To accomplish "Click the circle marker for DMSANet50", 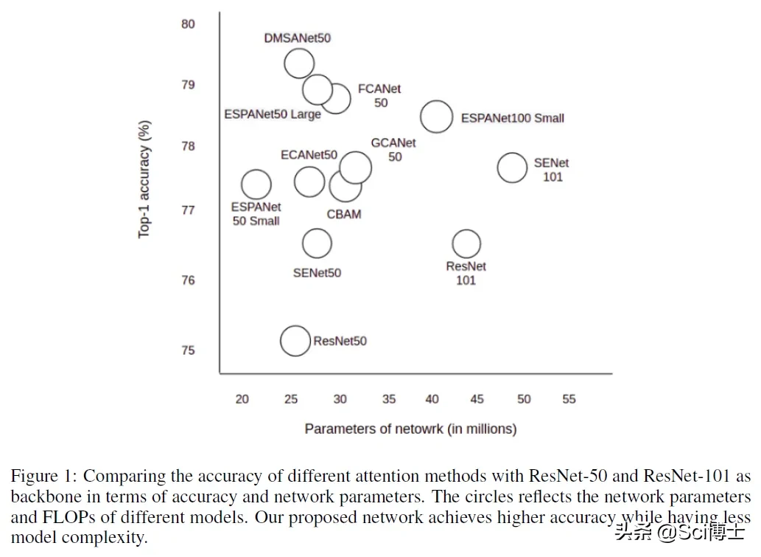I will pos(299,64).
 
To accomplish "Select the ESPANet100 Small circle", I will pos(436,117).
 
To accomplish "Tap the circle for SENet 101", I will pos(512,167).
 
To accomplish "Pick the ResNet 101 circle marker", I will pos(466,243).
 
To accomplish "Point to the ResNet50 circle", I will pos(295,340).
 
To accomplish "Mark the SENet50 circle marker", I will pos(317,243).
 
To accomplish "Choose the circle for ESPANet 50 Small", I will pos(256,184).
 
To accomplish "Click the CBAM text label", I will pos(343,215).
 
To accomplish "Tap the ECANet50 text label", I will pos(309,155).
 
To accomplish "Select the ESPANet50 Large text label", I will pos(273,114).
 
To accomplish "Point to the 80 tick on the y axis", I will pos(188,24).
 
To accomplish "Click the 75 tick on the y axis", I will pos(188,350).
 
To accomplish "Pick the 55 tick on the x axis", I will pos(569,399).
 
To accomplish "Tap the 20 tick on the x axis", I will pos(242,399).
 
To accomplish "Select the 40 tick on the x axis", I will pos(432,399).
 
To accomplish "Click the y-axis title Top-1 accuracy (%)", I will pos(144,179).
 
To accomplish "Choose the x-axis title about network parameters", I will pos(410,429).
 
